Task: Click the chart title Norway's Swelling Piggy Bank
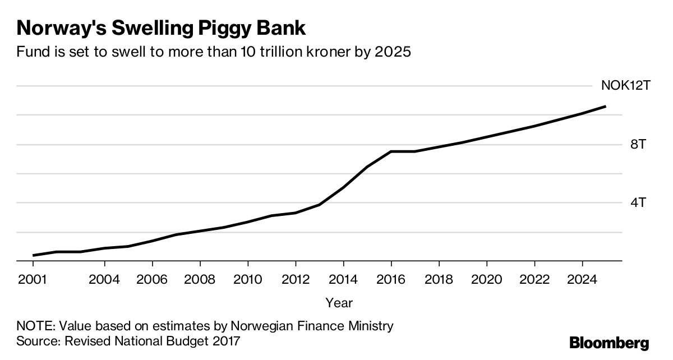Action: pos(162,28)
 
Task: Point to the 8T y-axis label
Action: pos(639,145)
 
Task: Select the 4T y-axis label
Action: pos(639,203)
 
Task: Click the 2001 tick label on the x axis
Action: pos(32,279)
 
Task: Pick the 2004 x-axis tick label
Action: pos(104,279)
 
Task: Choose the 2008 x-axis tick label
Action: pos(200,279)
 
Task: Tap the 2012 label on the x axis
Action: pos(296,279)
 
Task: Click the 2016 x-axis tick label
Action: pos(391,279)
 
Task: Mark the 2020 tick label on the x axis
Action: pos(486,279)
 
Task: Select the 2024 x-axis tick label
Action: pos(582,279)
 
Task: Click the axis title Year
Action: pos(339,303)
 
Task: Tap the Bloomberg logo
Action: pos(609,343)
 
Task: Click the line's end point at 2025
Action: pos(605,106)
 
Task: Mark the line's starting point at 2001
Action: pos(34,255)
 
